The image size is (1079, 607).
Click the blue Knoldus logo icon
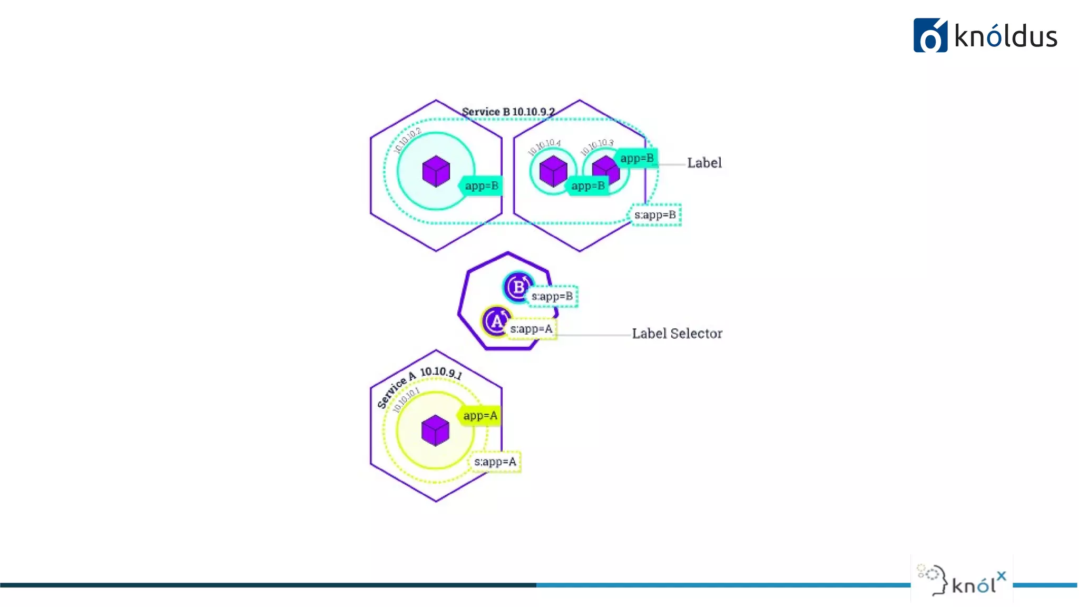tap(930, 36)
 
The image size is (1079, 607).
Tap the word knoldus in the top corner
tap(1006, 37)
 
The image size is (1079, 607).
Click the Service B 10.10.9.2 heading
tap(508, 112)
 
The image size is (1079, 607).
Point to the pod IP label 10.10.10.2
tap(408, 139)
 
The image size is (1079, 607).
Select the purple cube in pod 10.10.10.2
tap(436, 171)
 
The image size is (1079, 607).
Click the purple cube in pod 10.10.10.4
tap(553, 171)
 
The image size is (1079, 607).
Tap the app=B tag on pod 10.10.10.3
tap(636, 158)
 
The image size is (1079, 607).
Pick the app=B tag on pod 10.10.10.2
tap(481, 185)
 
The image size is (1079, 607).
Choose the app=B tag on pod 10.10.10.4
tap(587, 185)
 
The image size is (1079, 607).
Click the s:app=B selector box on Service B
tap(655, 215)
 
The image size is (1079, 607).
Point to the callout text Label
tap(704, 163)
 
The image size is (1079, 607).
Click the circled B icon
tap(518, 287)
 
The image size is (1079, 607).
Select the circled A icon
tap(496, 321)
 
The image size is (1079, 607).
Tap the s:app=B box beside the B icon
tap(552, 296)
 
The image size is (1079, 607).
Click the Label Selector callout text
tap(677, 334)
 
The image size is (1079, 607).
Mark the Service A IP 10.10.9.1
tap(441, 373)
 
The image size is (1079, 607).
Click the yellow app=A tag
tap(480, 416)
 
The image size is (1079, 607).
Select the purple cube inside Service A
tap(435, 430)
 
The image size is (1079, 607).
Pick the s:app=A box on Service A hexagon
tap(495, 462)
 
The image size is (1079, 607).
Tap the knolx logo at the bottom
tap(962, 581)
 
